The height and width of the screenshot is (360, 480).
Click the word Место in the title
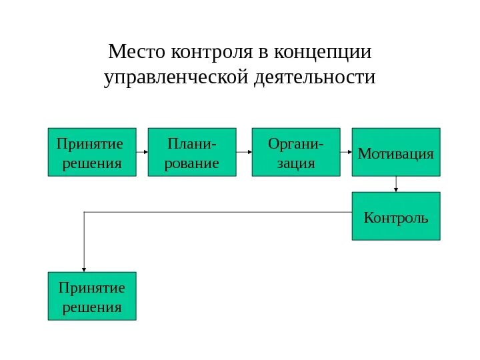(x=137, y=51)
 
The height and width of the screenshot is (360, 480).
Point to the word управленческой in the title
(x=177, y=78)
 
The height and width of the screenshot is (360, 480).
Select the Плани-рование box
(x=192, y=152)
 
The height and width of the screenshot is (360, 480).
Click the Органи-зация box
(x=296, y=152)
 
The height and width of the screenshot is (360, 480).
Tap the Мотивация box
(x=396, y=152)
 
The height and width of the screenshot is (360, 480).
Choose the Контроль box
(x=396, y=216)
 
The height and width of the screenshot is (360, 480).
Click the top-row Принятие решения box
(x=92, y=152)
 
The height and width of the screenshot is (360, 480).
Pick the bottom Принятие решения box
(x=92, y=296)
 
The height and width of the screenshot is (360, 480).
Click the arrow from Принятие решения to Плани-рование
(x=142, y=152)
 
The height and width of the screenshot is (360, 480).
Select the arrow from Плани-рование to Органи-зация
(x=244, y=152)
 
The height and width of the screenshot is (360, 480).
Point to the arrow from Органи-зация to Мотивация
(x=346, y=152)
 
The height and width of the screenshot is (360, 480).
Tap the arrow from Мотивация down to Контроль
(x=396, y=184)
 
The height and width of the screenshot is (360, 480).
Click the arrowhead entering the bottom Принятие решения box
(x=84, y=268)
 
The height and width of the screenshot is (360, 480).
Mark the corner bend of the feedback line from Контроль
(x=84, y=212)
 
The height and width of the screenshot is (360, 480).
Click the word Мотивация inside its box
(x=396, y=155)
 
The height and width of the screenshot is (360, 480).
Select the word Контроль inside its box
(x=396, y=219)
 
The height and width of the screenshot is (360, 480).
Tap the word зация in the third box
(x=295, y=163)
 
